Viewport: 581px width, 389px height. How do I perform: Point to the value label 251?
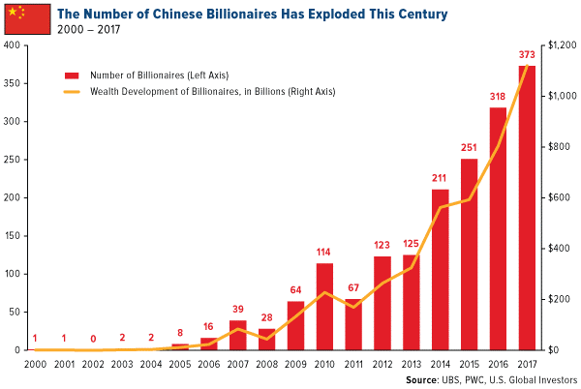pyautogui.click(x=469, y=148)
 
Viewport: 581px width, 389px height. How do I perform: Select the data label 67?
pyautogui.click(x=352, y=288)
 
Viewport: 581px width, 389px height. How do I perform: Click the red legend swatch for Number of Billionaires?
pyautogui.click(x=71, y=75)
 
